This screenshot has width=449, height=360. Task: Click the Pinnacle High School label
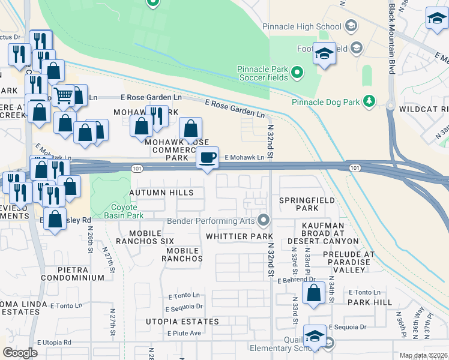(302, 27)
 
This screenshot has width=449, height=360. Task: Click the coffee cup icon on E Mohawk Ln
(208, 158)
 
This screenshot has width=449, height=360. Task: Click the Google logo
(20, 353)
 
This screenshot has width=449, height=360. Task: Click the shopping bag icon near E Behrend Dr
(314, 293)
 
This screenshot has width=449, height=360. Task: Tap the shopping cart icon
(63, 95)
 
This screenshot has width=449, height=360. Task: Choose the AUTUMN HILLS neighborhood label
(161, 193)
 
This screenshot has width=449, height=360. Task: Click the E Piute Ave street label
(184, 333)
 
